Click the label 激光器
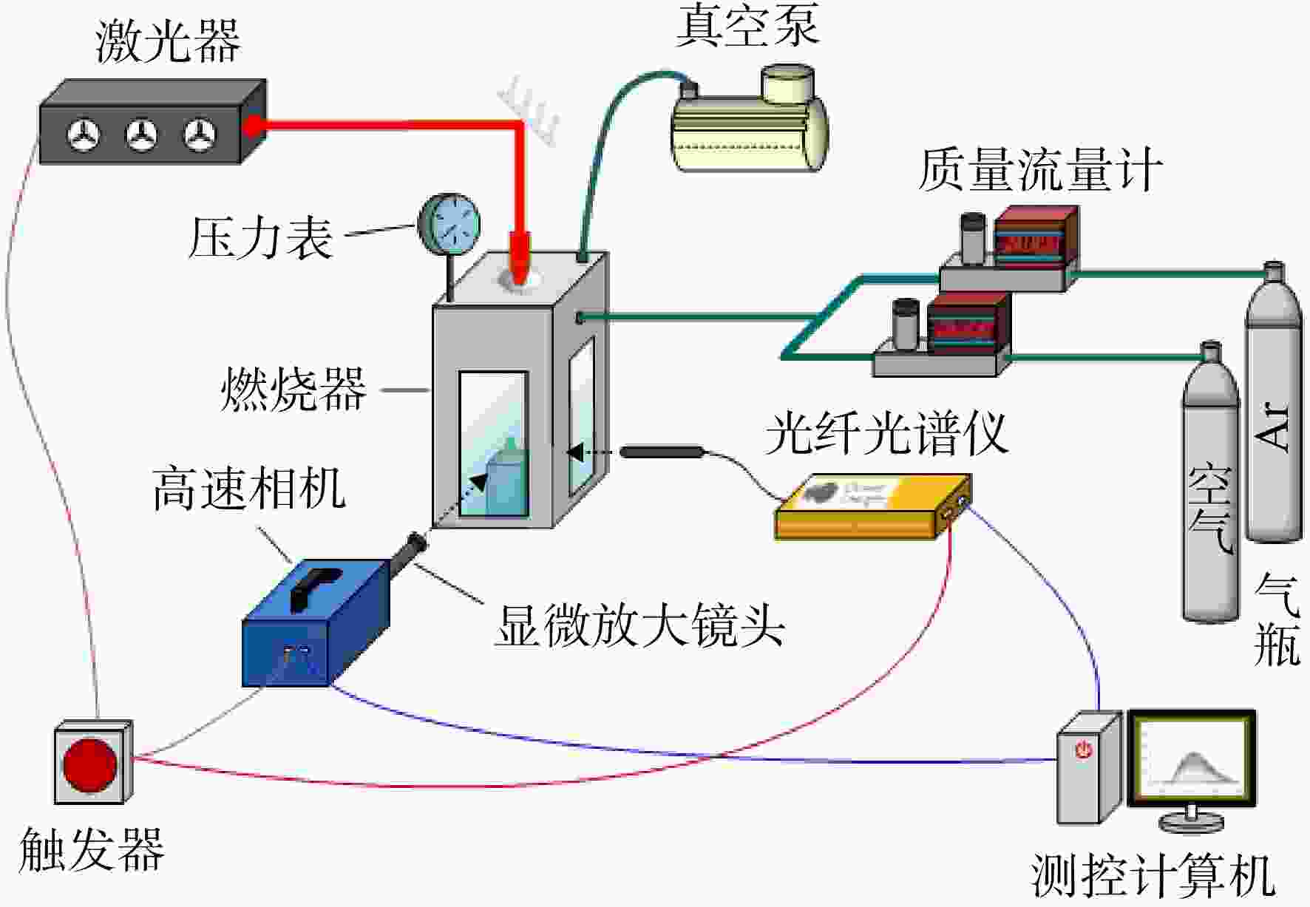pyautogui.click(x=169, y=41)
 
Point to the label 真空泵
pyautogui.click(x=747, y=24)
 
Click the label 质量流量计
pyautogui.click(x=1040, y=170)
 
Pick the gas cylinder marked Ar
pyautogui.click(x=1273, y=403)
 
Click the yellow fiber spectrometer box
pyautogui.click(x=873, y=507)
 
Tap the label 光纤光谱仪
pyautogui.click(x=886, y=433)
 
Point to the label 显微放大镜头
pyautogui.click(x=639, y=625)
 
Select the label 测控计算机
pyautogui.click(x=1153, y=876)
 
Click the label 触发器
pyautogui.click(x=92, y=849)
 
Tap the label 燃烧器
pyautogui.click(x=293, y=389)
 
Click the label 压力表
pyautogui.click(x=261, y=238)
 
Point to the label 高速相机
pyautogui.click(x=249, y=489)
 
